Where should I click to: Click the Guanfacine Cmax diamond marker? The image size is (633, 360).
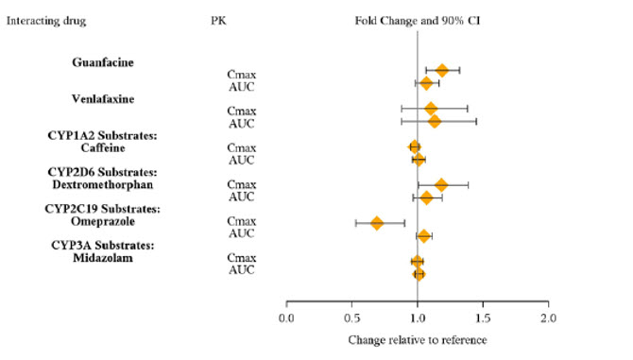tap(442, 70)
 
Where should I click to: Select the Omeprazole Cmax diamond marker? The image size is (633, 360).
tap(377, 223)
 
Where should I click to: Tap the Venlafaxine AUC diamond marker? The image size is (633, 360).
tap(435, 121)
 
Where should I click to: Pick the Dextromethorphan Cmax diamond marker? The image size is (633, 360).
tap(441, 184)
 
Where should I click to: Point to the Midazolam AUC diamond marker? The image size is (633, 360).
tap(419, 274)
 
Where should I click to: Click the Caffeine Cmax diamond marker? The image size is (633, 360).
tap(415, 146)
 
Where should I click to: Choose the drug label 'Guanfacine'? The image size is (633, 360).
tap(103, 62)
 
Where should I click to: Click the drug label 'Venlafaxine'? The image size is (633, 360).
tap(103, 98)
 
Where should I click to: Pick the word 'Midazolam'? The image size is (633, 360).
tap(103, 258)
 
